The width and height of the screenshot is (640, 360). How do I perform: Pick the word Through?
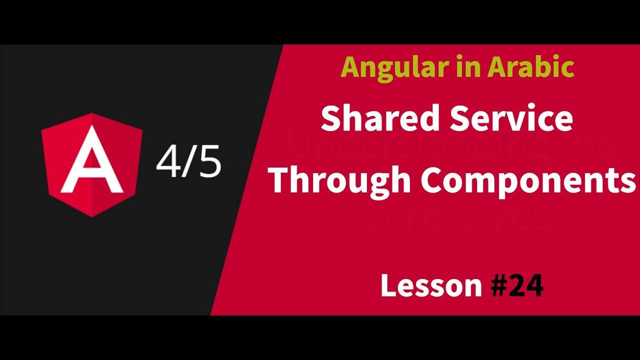click(339, 181)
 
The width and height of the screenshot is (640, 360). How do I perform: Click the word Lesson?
click(431, 286)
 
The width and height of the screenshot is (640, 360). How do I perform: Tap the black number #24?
click(517, 286)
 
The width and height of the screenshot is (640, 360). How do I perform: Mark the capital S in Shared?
click(331, 119)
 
